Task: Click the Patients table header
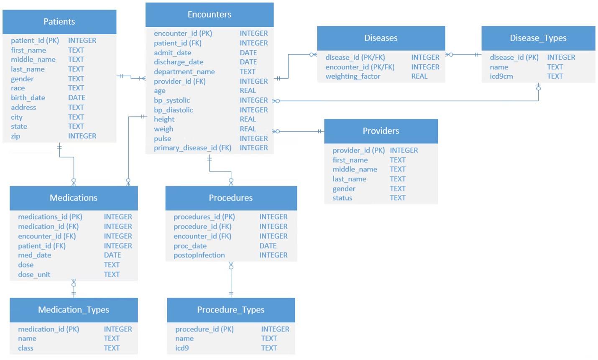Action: (x=59, y=22)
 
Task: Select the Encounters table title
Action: (x=209, y=15)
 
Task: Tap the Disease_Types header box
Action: (x=538, y=38)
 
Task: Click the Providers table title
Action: (x=381, y=131)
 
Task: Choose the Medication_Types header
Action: (x=74, y=310)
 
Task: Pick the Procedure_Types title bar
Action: (x=231, y=310)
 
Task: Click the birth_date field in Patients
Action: (x=28, y=98)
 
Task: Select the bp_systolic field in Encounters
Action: (x=172, y=100)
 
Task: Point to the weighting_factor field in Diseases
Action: (x=353, y=77)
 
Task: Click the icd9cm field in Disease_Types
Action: (x=501, y=77)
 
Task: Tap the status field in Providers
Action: (x=342, y=198)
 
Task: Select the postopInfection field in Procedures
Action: (x=199, y=255)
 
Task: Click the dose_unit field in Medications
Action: (x=34, y=275)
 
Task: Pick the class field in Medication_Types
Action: (x=26, y=348)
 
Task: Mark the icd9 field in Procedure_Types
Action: (x=182, y=348)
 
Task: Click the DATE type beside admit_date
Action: (x=248, y=53)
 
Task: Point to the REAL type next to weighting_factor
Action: (x=419, y=77)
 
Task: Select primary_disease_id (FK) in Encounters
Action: (x=192, y=148)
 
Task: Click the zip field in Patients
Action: (x=15, y=136)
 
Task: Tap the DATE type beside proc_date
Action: (x=268, y=246)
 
